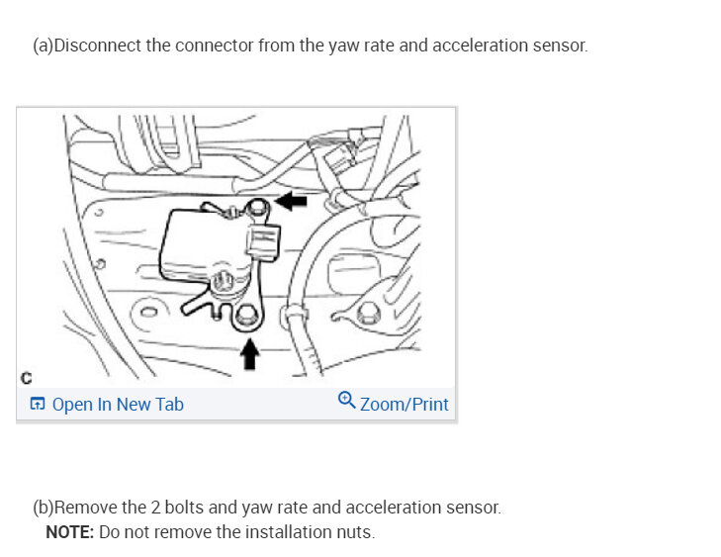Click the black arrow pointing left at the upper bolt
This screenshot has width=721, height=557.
click(292, 201)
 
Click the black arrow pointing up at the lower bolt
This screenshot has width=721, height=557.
click(249, 352)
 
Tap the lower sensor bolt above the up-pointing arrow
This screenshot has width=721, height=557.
click(246, 318)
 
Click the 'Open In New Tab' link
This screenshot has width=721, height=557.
click(118, 404)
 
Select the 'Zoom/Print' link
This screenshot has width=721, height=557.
click(404, 404)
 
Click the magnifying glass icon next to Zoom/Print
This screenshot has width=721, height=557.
click(346, 401)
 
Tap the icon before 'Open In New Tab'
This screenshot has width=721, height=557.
click(38, 404)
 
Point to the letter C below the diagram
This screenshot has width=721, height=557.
click(26, 378)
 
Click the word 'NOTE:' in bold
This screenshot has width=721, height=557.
click(69, 532)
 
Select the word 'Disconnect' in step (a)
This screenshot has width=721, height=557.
click(98, 46)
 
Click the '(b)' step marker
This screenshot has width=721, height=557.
click(43, 508)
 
